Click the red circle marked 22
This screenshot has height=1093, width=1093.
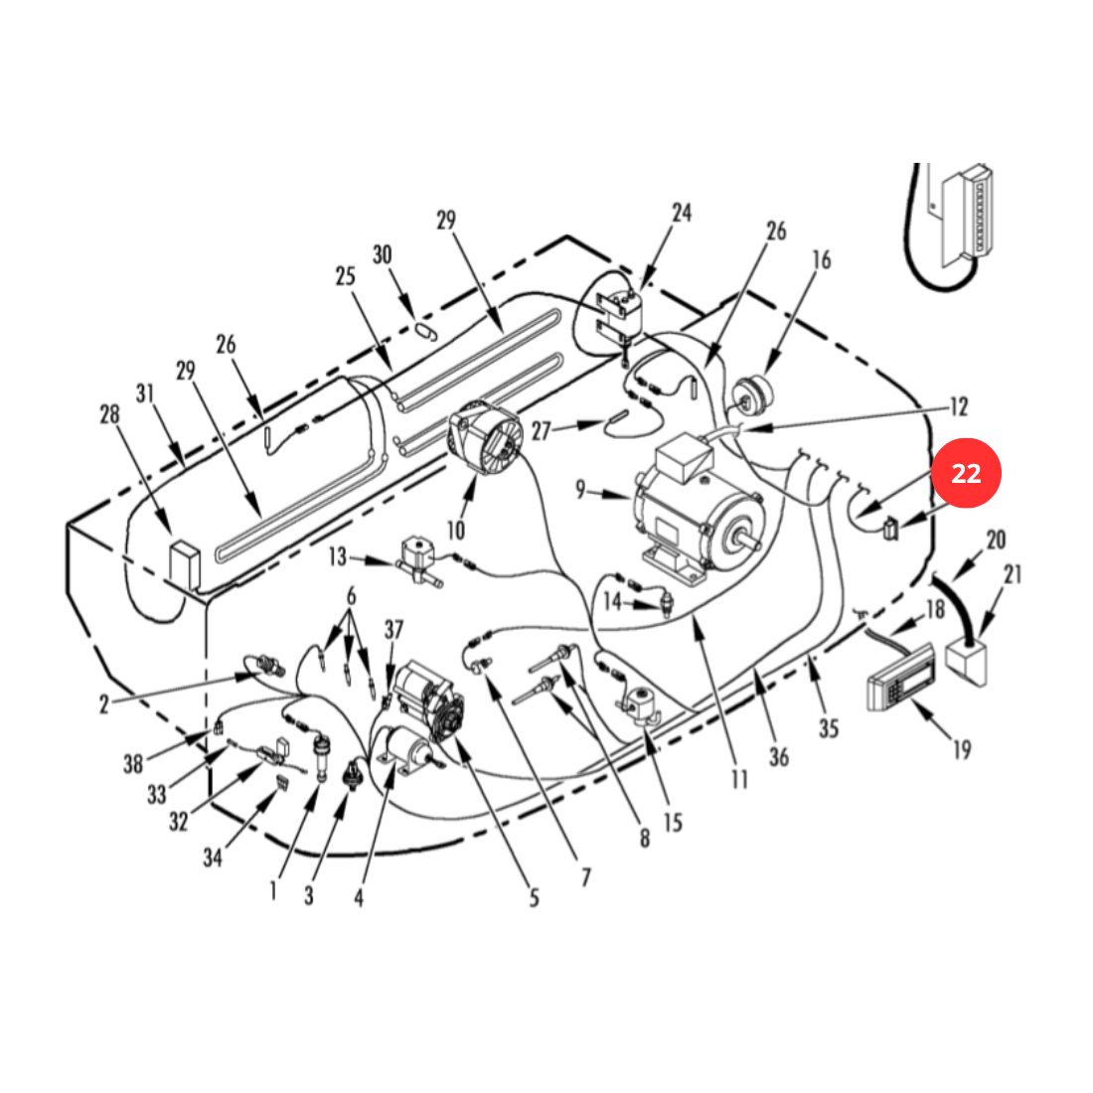pyautogui.click(x=966, y=473)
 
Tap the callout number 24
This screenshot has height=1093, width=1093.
pyautogui.click(x=682, y=213)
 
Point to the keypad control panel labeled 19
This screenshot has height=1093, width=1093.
pyautogui.click(x=900, y=677)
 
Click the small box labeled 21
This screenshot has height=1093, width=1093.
pyautogui.click(x=966, y=665)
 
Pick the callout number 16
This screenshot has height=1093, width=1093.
pyautogui.click(x=822, y=260)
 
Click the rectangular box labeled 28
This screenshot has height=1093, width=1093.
pyautogui.click(x=186, y=562)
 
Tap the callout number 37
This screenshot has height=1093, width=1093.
pyautogui.click(x=393, y=629)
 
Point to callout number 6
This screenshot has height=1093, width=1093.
pyautogui.click(x=351, y=596)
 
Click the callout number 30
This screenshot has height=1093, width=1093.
pyautogui.click(x=382, y=254)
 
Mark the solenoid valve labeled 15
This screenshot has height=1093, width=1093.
pyautogui.click(x=639, y=706)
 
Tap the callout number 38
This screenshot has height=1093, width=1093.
pyautogui.click(x=133, y=764)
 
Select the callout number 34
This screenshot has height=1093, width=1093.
pyautogui.click(x=213, y=857)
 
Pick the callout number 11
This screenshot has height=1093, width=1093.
pyautogui.click(x=739, y=779)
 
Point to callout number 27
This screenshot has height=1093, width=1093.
pyautogui.click(x=541, y=431)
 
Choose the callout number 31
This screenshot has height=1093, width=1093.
pyautogui.click(x=144, y=393)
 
